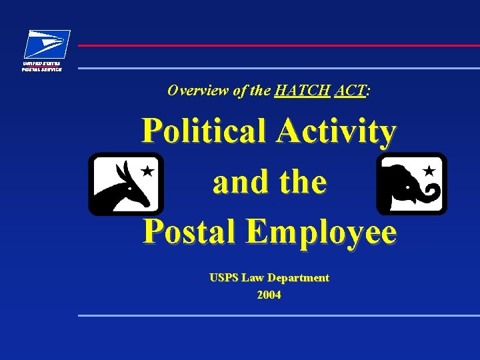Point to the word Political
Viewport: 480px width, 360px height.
click(204, 132)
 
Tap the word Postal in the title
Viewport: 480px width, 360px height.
click(191, 232)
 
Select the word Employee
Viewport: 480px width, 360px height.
click(323, 232)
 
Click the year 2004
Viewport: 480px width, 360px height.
click(269, 295)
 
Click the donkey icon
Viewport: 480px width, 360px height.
click(125, 184)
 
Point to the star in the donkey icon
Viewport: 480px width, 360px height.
click(148, 171)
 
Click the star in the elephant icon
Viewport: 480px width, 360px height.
click(429, 171)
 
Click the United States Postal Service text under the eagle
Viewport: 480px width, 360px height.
click(42, 66)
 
